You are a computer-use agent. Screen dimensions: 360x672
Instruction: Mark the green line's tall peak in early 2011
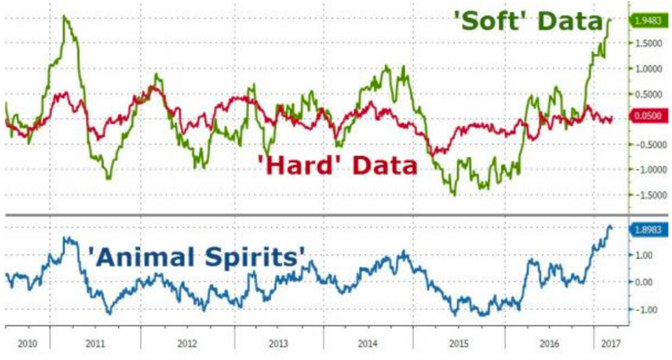(x=65, y=16)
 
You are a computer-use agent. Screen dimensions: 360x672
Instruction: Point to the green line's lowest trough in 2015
(x=454, y=195)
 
